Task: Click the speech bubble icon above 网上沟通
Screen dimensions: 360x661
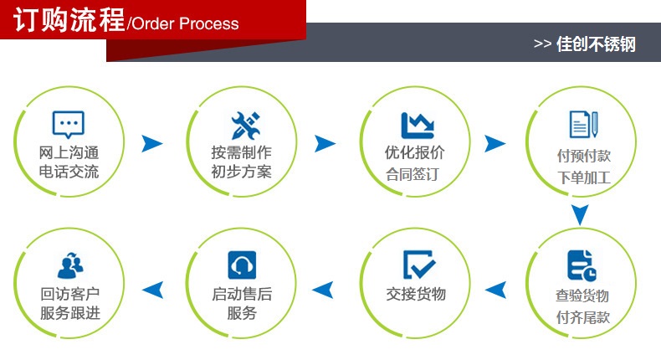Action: [69, 125]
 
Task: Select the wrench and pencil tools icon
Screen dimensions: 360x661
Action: [242, 125]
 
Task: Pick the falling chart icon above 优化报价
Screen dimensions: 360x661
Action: [417, 124]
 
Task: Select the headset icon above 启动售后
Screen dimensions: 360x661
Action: [242, 265]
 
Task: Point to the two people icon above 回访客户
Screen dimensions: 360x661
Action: [69, 265]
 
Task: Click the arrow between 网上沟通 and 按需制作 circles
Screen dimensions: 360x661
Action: [151, 143]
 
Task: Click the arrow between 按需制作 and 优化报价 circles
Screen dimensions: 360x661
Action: [325, 143]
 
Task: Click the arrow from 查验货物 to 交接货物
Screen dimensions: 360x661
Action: [497, 290]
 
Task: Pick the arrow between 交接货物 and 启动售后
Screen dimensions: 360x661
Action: [323, 290]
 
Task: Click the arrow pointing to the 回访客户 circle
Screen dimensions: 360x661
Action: [152, 290]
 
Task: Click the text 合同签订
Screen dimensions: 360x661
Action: [412, 175]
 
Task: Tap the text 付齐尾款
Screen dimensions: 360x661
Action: [582, 317]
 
